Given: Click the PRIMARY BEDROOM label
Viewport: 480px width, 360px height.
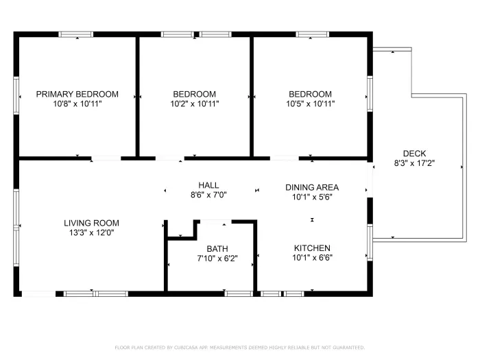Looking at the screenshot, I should [x=77, y=95].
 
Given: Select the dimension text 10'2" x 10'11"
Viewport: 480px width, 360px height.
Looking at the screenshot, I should [x=194, y=104].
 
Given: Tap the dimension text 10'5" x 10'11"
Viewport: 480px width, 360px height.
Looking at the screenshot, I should [x=310, y=104].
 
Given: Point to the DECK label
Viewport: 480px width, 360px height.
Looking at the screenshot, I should [x=414, y=154].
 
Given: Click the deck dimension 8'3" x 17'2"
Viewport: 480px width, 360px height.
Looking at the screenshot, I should [x=414, y=163].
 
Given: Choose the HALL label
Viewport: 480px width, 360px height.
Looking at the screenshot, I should [x=208, y=185].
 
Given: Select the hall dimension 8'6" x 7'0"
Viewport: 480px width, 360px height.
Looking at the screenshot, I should [x=208, y=195].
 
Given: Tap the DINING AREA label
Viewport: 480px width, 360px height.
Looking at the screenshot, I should [x=312, y=187].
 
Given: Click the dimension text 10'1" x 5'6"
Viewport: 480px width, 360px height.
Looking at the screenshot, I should [x=312, y=197].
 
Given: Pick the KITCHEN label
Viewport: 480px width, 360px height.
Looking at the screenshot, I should [x=312, y=248].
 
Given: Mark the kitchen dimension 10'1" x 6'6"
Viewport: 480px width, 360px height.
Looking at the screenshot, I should [x=312, y=258].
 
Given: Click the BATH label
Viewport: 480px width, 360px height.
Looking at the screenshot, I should [x=217, y=249].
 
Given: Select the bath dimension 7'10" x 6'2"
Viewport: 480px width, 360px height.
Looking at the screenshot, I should [x=217, y=259].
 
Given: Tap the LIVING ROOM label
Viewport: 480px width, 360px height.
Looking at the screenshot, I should [x=91, y=223].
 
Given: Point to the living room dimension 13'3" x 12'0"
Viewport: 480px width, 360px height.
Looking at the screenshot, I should [x=91, y=232].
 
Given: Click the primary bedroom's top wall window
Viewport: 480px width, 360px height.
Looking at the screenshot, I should [x=75, y=34].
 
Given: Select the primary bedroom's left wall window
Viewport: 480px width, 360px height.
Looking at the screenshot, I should [x=16, y=95].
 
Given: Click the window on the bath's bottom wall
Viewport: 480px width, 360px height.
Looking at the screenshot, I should [x=239, y=293].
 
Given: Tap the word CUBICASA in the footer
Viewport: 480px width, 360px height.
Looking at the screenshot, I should [x=180, y=348].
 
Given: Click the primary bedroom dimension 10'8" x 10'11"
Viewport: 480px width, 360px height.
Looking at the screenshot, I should [x=77, y=104].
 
